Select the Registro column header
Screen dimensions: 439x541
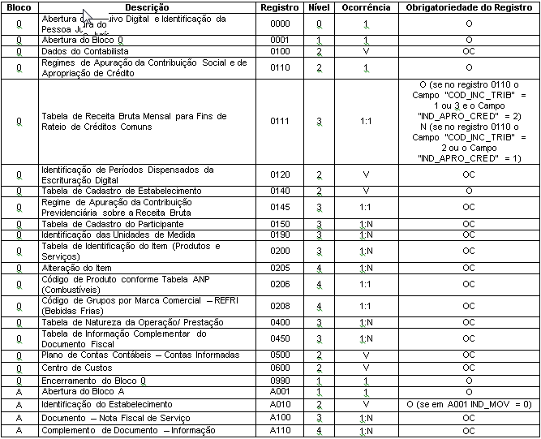(280, 6)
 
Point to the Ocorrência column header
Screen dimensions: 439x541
(366, 6)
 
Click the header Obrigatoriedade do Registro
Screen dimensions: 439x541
(469, 6)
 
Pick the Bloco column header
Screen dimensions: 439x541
(18, 6)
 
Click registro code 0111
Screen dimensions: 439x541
(280, 122)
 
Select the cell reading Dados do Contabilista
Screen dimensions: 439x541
(79, 51)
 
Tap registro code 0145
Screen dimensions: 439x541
(280, 207)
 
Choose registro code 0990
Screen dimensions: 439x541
(280, 380)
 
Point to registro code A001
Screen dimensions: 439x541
(280, 392)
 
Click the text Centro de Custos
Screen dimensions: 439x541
(71, 368)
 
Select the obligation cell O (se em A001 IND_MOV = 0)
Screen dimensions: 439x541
(469, 404)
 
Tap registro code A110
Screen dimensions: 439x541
(280, 430)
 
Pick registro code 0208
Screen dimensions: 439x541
(280, 306)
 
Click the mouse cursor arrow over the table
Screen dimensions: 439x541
(89, 18)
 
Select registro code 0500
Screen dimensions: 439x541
(280, 355)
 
